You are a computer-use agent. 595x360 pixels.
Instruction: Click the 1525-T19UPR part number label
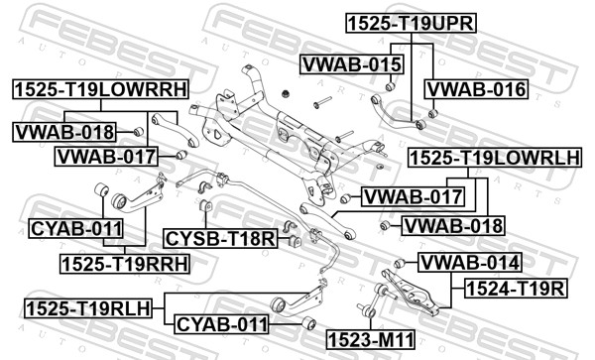point(411,24)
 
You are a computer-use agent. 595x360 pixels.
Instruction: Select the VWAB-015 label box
point(352,64)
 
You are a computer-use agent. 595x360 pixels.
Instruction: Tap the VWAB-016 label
point(477,89)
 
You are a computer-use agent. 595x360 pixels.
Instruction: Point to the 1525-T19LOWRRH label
point(100,89)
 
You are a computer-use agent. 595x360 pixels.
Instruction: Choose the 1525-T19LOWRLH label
point(495,158)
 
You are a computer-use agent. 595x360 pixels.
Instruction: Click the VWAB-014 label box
point(470,263)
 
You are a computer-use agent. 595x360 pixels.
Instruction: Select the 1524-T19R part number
point(516,289)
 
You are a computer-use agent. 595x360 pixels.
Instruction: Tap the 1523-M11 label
point(371,339)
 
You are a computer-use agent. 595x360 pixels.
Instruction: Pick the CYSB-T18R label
point(220,239)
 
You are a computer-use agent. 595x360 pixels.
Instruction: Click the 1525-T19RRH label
point(125,264)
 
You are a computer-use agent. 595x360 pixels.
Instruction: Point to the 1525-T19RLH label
point(88,308)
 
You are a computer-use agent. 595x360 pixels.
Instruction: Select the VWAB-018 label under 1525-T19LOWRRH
point(64,132)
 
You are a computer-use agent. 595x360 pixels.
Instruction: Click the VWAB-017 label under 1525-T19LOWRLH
point(413,197)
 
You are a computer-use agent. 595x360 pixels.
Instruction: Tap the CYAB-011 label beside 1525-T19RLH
point(222,324)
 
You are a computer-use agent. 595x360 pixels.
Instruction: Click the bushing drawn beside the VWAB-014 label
point(400,263)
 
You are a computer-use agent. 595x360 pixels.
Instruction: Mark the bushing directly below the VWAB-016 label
point(433,113)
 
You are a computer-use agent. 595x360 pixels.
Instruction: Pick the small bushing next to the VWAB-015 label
point(391,87)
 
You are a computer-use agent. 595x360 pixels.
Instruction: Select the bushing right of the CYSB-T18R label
point(295,241)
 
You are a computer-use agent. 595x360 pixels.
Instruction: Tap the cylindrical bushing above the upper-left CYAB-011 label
point(101,189)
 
